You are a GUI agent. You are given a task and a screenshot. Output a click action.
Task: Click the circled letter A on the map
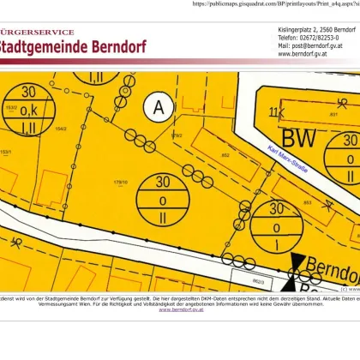[157, 107]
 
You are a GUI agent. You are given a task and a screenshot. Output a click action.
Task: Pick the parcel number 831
[333, 113]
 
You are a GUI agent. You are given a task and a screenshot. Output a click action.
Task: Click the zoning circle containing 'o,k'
[30, 110]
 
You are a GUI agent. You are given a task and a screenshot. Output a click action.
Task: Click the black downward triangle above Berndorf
[297, 262]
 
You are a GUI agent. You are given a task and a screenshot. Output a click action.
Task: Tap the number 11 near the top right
[275, 112]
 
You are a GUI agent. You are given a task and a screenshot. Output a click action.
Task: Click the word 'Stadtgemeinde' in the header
[52, 46]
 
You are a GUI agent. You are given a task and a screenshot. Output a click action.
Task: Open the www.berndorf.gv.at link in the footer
[178, 309]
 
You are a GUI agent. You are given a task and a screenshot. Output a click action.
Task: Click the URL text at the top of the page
[274, 4]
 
